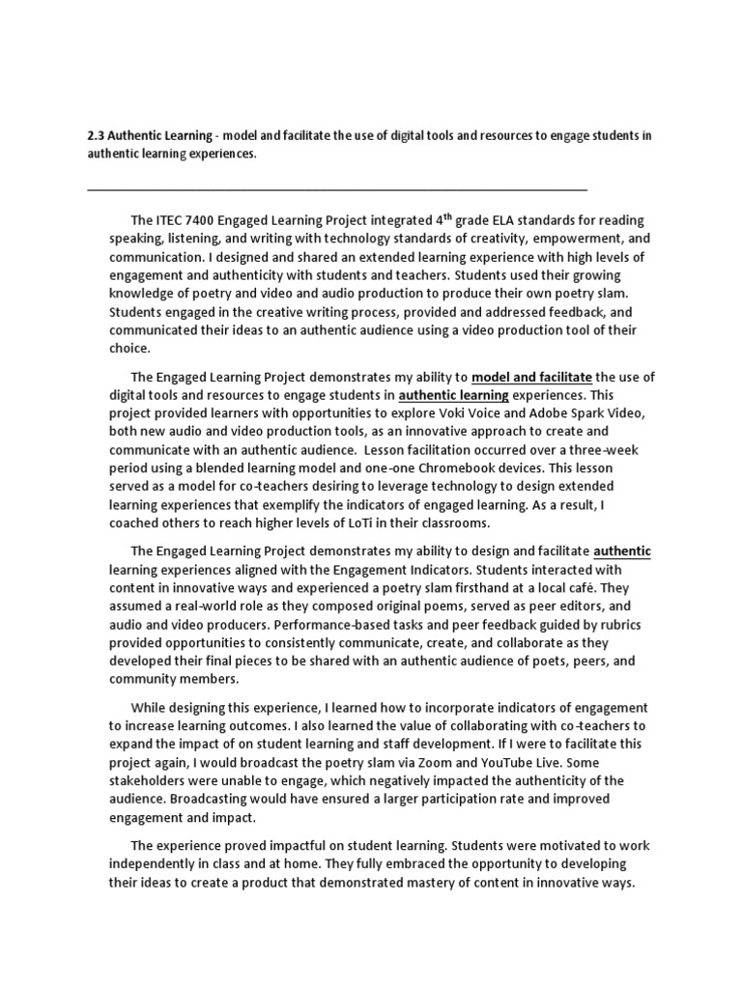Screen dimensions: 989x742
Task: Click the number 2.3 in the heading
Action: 97,136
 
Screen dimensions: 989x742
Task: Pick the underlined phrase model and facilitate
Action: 532,377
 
